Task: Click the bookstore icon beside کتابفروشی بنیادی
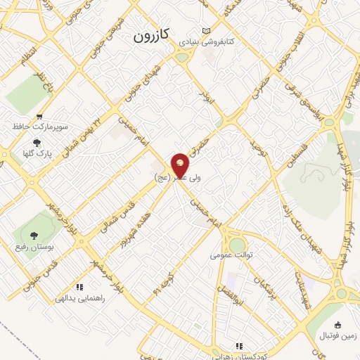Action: point(205,31)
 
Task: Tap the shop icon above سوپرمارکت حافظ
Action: point(39,117)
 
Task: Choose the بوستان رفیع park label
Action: point(34,247)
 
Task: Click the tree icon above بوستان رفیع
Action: point(34,235)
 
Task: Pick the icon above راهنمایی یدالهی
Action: point(79,287)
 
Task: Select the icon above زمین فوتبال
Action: point(337,324)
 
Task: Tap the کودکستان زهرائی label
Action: point(239,356)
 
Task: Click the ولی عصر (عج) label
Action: point(177,179)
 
